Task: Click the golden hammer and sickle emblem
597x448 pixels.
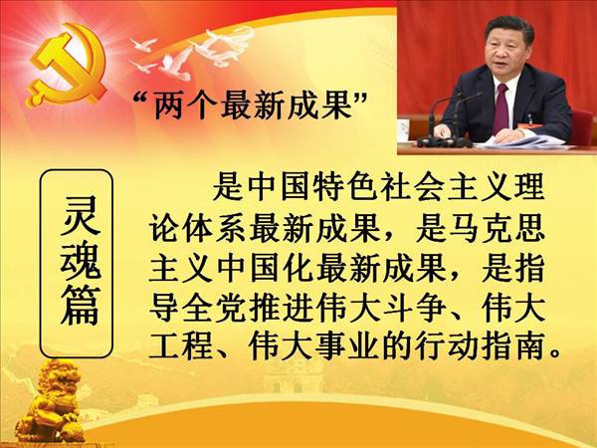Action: pyautogui.click(x=65, y=65)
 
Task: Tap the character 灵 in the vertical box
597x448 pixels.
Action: pyautogui.click(x=79, y=216)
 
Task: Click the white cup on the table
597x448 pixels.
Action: pyautogui.click(x=404, y=129)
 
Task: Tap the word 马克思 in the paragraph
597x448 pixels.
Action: pyautogui.click(x=480, y=229)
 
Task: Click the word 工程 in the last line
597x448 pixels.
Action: pyautogui.click(x=180, y=346)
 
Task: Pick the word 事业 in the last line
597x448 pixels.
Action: pyautogui.click(x=347, y=346)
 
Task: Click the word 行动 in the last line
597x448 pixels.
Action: pyautogui.click(x=447, y=346)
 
